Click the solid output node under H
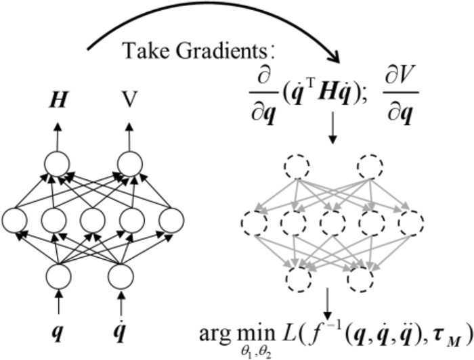(57, 164)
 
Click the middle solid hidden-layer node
(93, 221)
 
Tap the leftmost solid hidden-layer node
(14, 221)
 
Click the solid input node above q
(57, 276)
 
